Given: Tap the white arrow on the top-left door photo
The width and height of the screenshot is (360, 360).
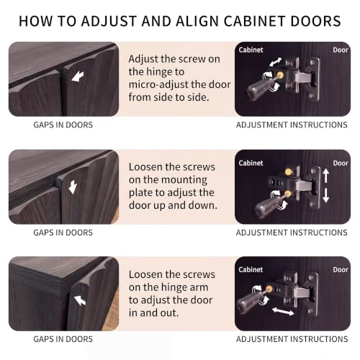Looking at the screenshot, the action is pos(78,76).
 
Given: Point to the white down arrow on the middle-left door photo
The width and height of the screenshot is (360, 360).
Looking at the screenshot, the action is pos(73,187).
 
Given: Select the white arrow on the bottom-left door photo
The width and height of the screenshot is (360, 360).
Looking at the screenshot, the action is pos(80,300).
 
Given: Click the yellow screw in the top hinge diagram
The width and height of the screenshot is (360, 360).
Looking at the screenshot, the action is pos(280,76).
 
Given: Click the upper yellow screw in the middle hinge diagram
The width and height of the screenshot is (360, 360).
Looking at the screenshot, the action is pos(288,172).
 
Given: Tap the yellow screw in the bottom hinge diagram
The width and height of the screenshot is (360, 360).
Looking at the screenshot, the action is pos(269,289).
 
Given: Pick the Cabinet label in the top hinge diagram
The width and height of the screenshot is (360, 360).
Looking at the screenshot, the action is pos(251,50).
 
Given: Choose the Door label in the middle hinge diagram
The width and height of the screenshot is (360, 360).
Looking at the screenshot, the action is pos(341,163).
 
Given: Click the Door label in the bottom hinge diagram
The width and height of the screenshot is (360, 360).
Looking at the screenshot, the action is pos(341,270).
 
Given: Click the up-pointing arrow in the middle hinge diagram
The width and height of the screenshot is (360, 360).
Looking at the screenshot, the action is pos(325,175).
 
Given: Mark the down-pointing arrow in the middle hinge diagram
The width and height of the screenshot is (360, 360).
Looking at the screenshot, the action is pos(325,195).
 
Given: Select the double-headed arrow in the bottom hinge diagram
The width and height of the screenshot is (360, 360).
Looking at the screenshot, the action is pos(283,311).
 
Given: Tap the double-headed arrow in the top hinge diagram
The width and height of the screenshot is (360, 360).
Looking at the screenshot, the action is pos(275,62).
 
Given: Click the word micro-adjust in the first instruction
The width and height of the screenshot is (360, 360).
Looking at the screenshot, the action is pos(156,84).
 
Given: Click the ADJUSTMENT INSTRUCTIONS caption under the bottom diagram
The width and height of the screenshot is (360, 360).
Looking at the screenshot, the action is pos(292,339).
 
